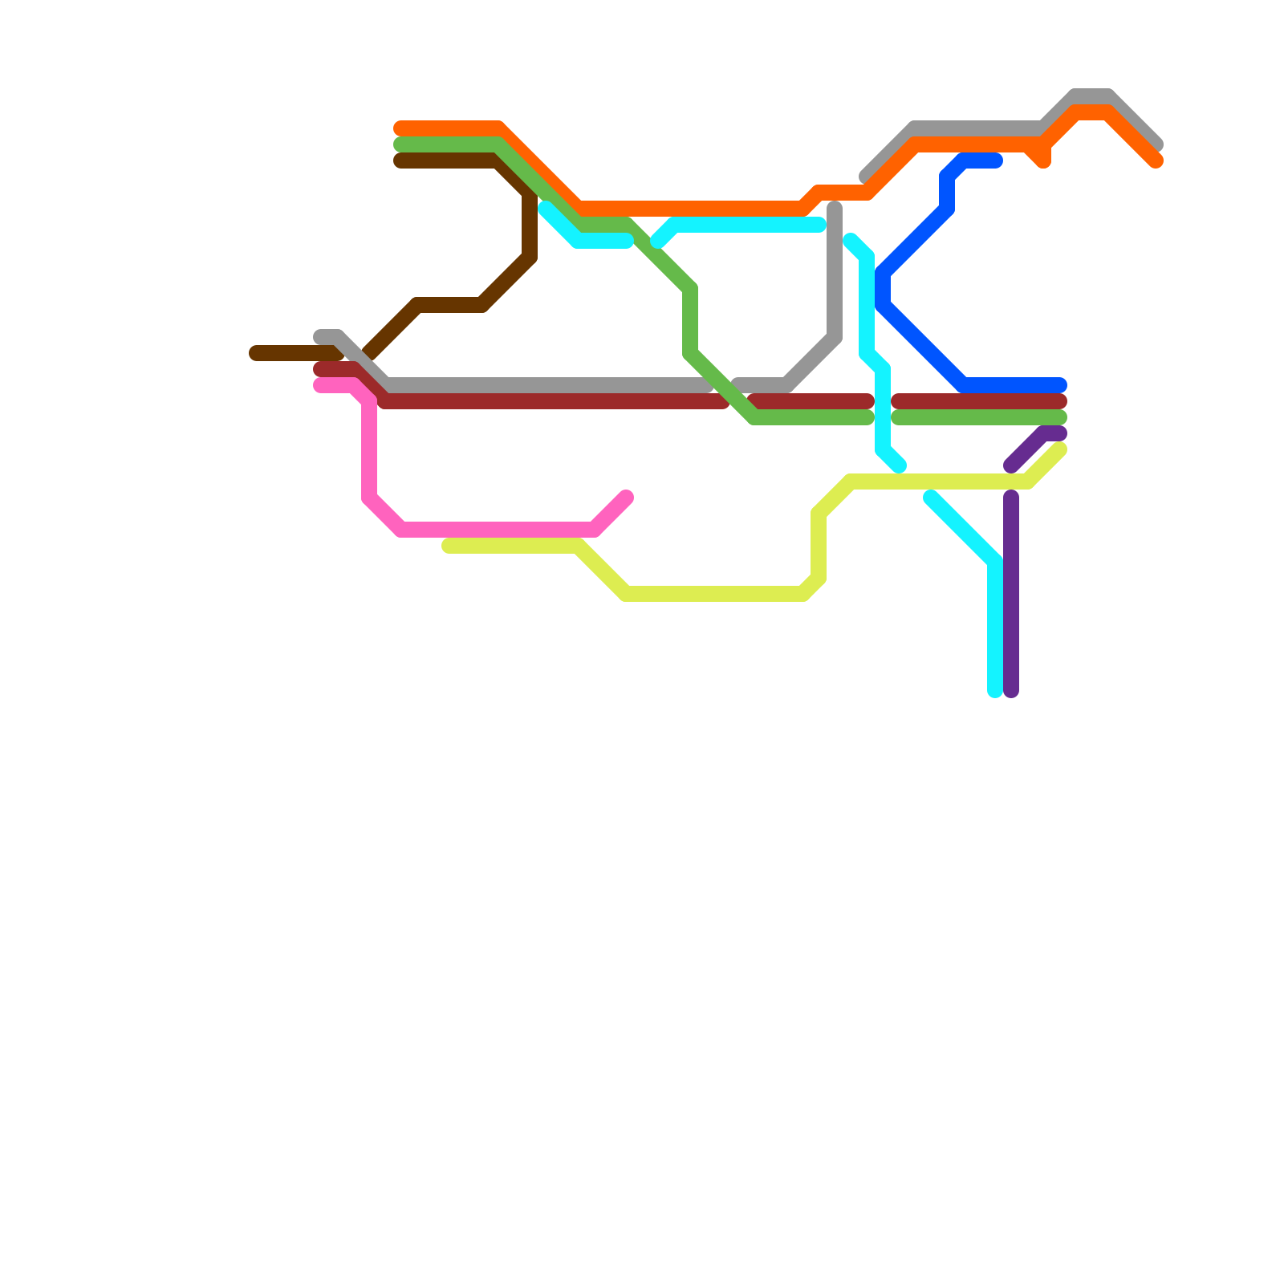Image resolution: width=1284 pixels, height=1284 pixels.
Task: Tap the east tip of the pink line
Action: coord(627,498)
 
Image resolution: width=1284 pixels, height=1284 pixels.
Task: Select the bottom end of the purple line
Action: coord(1011,691)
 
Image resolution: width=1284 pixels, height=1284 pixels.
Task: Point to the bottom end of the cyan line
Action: coord(995,691)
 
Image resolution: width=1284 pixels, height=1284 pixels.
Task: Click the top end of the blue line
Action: coord(996,161)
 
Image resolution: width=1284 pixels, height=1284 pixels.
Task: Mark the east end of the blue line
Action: coord(1060,385)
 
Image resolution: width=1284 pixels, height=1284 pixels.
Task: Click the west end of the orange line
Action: coord(400,128)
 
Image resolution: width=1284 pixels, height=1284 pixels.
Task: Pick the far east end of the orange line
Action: coord(1156,161)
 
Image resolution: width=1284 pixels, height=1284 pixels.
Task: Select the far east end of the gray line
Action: coord(1156,145)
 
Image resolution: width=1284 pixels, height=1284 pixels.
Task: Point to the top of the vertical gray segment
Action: coord(835,209)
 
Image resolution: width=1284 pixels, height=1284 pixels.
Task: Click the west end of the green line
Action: coord(400,144)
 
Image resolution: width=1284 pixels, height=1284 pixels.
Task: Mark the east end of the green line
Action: coord(1060,417)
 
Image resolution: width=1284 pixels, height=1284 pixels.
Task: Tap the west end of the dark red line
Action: coord(319,369)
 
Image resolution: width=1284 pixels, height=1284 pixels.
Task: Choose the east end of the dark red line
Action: coord(1060,401)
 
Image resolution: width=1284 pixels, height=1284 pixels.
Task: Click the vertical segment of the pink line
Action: coord(369,449)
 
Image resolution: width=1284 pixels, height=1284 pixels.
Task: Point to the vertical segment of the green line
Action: coord(690,321)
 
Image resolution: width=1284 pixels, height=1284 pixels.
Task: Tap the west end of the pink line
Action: coord(319,385)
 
